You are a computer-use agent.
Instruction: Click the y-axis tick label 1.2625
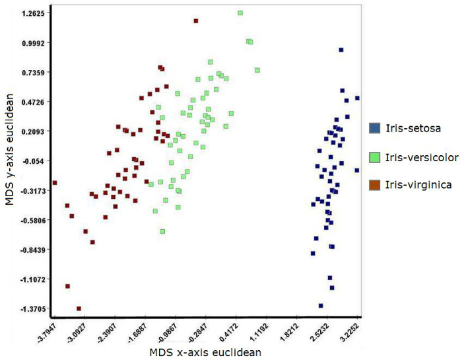point(32,13)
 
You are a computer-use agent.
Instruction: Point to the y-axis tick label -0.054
point(32,161)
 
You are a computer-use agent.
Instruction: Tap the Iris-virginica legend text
point(418,185)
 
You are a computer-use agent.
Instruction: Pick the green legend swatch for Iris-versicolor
point(374,157)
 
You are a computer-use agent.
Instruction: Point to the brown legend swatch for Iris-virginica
point(374,185)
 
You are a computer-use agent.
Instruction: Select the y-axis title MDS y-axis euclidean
point(10,159)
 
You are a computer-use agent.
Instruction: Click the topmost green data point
point(240,13)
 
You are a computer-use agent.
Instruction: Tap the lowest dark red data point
point(79,308)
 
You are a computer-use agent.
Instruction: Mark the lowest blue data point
point(321,306)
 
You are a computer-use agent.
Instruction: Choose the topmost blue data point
point(341,50)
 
